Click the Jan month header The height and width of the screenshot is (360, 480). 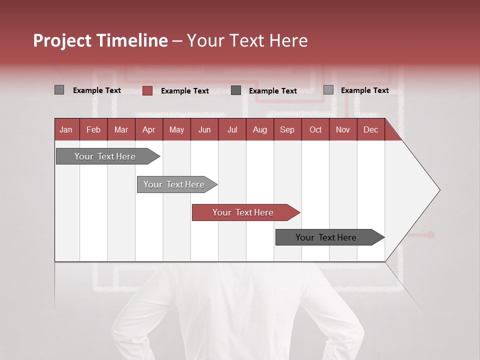66,129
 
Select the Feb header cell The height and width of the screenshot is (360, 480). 93,129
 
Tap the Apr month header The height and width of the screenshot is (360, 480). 148,129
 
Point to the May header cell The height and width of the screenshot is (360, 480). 176,129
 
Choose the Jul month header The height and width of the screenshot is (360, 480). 232,129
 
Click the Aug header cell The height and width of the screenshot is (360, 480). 259,129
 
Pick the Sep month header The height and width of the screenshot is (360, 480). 287,129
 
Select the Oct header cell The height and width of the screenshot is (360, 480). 315,129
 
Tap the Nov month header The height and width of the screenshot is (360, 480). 343,129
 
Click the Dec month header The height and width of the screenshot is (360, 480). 370,129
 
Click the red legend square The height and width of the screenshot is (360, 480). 147,90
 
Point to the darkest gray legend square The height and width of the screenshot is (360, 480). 236,90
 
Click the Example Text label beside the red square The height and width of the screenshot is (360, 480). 184,91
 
